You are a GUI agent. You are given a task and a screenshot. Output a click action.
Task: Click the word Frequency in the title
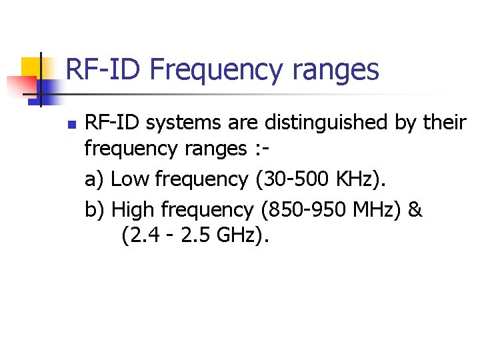pos(218,69)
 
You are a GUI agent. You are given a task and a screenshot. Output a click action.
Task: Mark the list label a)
pos(95,179)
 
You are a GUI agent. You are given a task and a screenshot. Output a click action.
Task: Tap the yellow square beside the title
pos(31,67)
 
